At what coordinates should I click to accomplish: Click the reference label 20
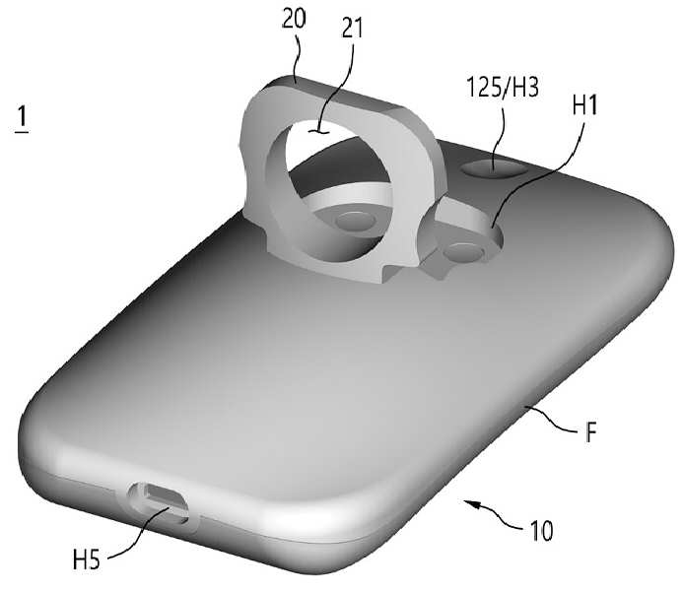[294, 19]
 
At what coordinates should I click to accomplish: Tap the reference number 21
[352, 30]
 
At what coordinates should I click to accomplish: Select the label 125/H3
[503, 87]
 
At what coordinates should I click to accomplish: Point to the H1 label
[585, 105]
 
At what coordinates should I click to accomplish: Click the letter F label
[590, 431]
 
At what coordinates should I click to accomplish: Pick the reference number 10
[541, 531]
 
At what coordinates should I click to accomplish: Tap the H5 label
[87, 559]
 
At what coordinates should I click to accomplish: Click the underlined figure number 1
[22, 118]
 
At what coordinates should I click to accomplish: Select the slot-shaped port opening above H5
[159, 502]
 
